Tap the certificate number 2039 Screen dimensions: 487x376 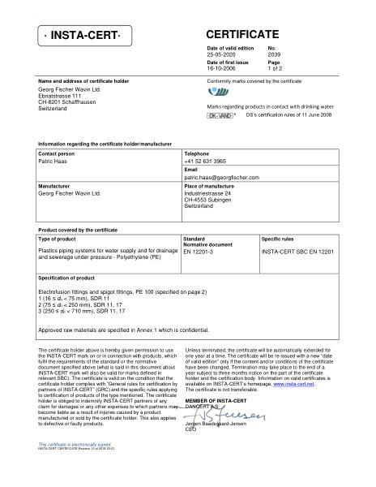click(x=273, y=55)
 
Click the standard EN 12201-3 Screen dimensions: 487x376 click(x=199, y=252)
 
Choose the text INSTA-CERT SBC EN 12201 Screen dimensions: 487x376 click(x=297, y=252)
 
